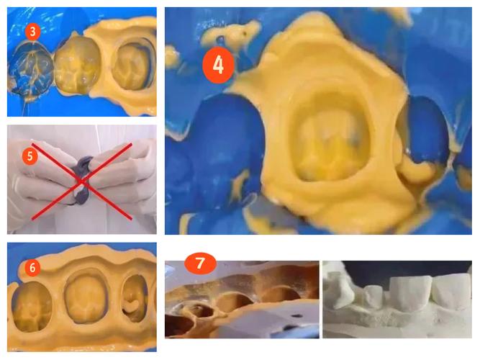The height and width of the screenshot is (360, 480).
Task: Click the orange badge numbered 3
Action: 32,32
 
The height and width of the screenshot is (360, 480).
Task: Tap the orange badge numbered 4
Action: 218,65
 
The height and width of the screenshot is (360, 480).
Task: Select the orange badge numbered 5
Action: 30,156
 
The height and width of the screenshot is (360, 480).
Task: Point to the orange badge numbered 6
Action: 32,268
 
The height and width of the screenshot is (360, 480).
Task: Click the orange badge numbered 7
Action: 200,263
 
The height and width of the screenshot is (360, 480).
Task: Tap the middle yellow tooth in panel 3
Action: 77,66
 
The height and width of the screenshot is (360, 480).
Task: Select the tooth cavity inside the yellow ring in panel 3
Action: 133,66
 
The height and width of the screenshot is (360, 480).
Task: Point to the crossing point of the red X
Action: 81,181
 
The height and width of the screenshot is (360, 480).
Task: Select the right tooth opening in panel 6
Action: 135,298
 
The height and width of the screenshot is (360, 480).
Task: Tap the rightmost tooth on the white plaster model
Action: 452,292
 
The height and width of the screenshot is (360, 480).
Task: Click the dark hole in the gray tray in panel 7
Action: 296,315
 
